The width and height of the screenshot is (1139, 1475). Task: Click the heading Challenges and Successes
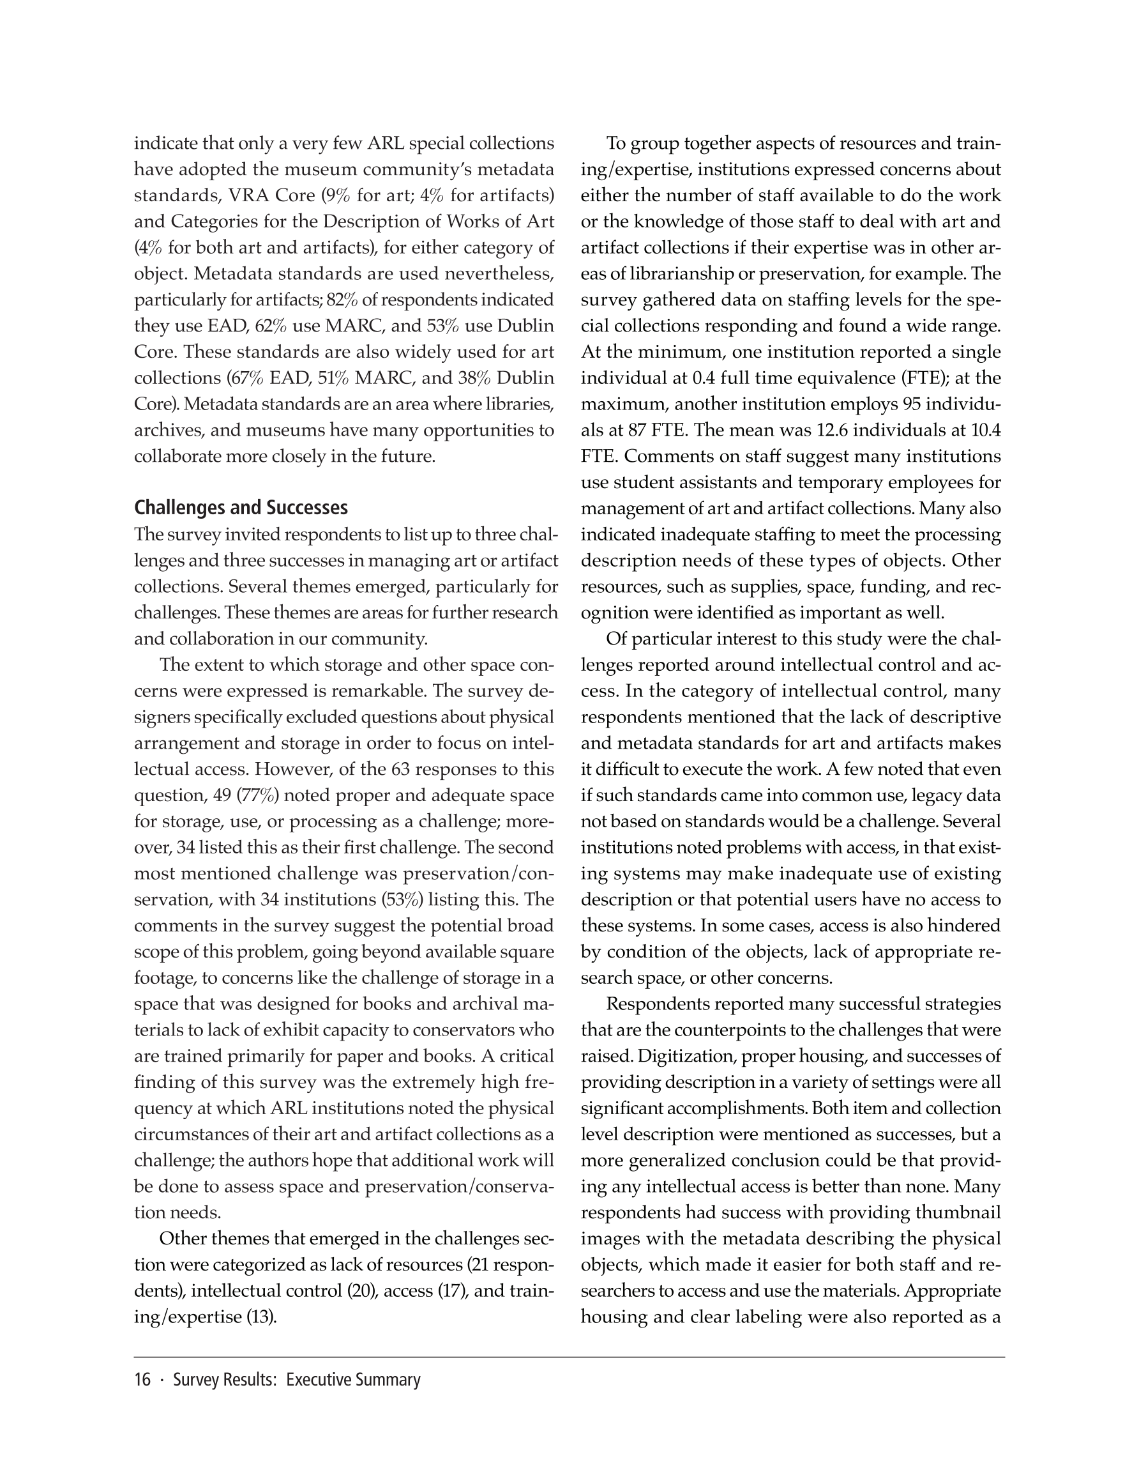click(241, 508)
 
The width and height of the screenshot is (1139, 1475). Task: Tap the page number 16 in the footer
click(142, 1380)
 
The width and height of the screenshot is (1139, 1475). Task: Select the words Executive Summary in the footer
click(353, 1380)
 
